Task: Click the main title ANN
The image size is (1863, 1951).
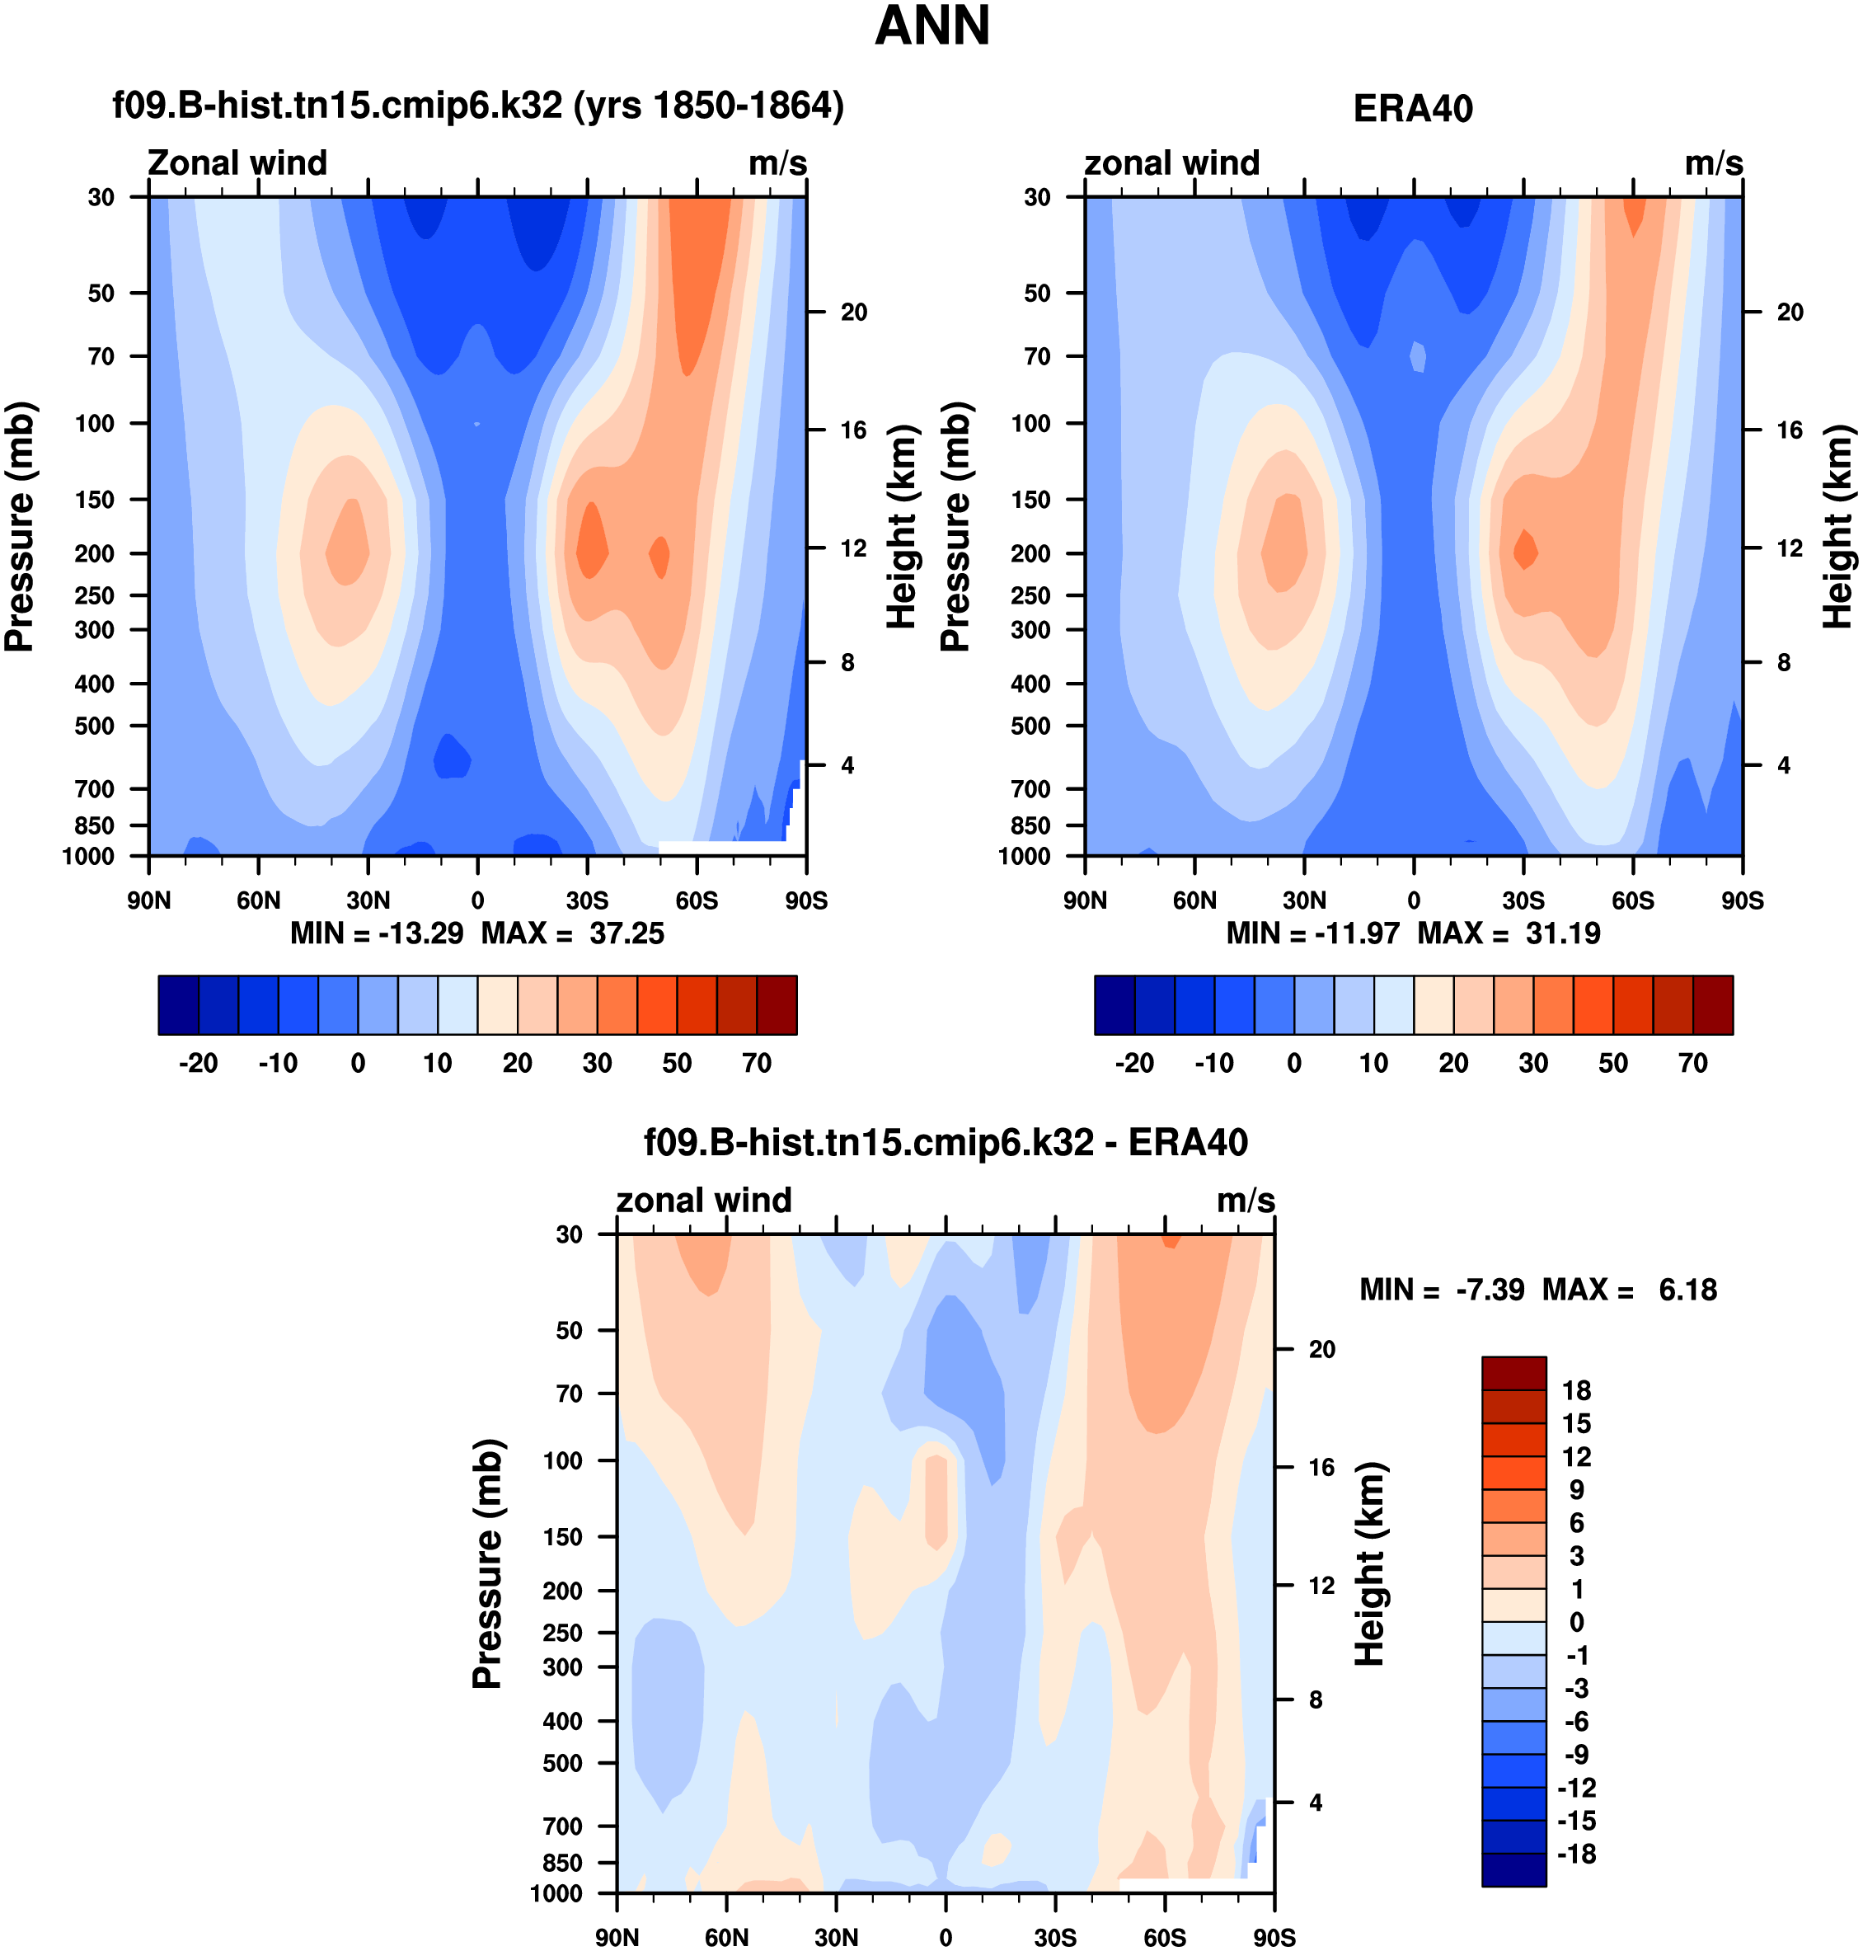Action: (931, 27)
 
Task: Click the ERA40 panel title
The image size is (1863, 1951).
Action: (1412, 108)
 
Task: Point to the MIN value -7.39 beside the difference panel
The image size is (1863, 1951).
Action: (1489, 1290)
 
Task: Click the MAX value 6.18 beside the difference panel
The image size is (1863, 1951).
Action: (1687, 1290)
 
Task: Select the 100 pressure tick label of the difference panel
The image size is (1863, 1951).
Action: (562, 1460)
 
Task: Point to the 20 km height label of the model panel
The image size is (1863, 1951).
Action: (854, 312)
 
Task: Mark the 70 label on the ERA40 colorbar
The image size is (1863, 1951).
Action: (1692, 1063)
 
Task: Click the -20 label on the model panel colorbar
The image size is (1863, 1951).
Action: (198, 1063)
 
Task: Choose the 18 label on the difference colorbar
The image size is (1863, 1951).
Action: (1576, 1391)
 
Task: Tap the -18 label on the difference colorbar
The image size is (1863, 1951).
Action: (1576, 1855)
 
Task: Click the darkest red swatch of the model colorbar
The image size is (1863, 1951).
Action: (777, 1005)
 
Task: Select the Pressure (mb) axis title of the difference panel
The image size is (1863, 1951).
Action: (486, 1563)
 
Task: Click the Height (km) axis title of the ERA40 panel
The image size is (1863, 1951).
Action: (1837, 526)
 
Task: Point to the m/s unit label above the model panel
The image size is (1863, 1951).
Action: (777, 163)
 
